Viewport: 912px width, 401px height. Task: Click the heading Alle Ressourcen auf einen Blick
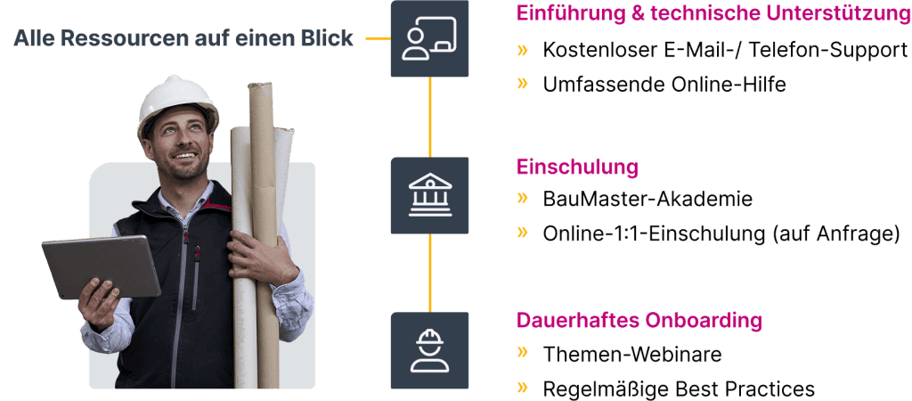coord(183,38)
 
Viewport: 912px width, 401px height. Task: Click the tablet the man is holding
coord(102,266)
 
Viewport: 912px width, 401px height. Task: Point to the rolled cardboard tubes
coord(259,233)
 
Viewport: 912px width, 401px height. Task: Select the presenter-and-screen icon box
coord(430,38)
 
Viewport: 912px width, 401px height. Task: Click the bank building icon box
coord(430,195)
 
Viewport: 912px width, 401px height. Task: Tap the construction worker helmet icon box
coord(430,350)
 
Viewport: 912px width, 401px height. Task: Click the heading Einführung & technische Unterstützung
coord(713,14)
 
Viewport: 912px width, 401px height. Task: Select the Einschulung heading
coord(577,167)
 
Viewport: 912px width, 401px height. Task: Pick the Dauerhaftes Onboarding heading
coord(639,320)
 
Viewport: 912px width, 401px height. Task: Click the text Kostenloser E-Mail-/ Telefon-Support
coord(725,51)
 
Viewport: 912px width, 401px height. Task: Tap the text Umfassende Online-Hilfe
coord(664,85)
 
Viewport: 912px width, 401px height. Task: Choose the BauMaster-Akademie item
coord(647,200)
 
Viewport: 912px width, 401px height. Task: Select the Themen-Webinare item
coord(632,354)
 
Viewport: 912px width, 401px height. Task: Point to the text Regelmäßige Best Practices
coord(679,389)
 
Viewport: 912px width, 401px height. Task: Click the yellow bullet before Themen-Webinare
coord(522,352)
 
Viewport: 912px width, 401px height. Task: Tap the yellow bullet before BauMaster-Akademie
coord(522,198)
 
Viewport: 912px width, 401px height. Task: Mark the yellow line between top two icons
coord(430,117)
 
